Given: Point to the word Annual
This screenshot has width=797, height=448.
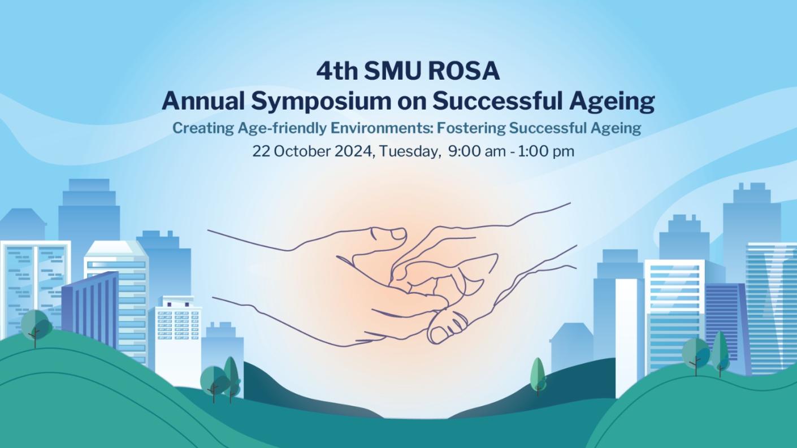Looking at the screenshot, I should pyautogui.click(x=203, y=102).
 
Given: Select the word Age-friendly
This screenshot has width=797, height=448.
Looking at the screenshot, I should pyautogui.click(x=274, y=128).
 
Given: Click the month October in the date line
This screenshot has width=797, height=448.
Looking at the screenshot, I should pyautogui.click(x=298, y=151).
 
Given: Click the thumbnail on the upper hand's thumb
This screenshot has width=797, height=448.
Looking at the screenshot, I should pyautogui.click(x=398, y=233).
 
